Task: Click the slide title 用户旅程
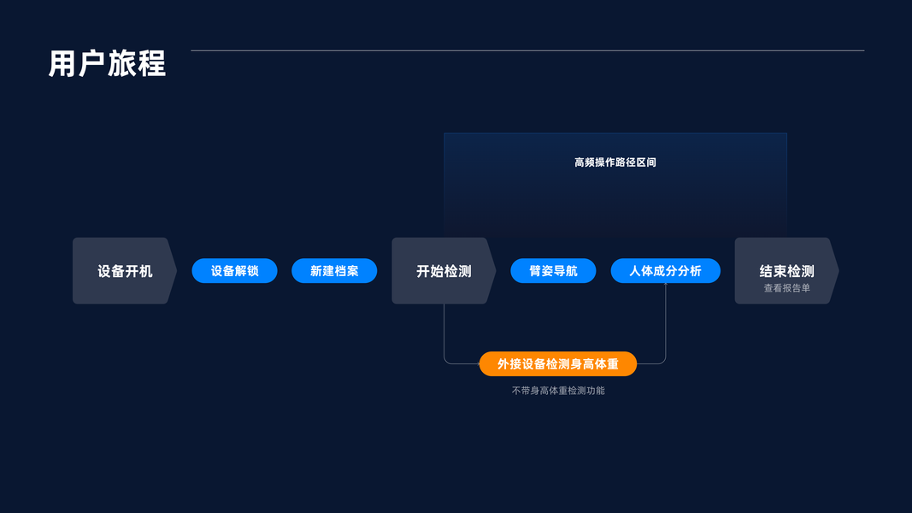pos(107,64)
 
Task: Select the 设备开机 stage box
pos(125,271)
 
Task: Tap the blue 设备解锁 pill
pos(234,271)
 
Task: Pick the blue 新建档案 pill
pos(334,271)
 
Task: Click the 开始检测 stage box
pos(444,271)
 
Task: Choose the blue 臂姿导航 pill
pos(553,271)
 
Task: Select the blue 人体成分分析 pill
pos(665,271)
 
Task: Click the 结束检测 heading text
pos(786,271)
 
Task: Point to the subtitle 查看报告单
pos(786,289)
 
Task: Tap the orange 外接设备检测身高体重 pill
pos(557,364)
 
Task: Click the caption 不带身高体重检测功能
pos(557,391)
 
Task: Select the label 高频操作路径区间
pos(615,162)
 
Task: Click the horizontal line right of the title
pos(527,50)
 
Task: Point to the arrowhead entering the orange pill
pos(477,364)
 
